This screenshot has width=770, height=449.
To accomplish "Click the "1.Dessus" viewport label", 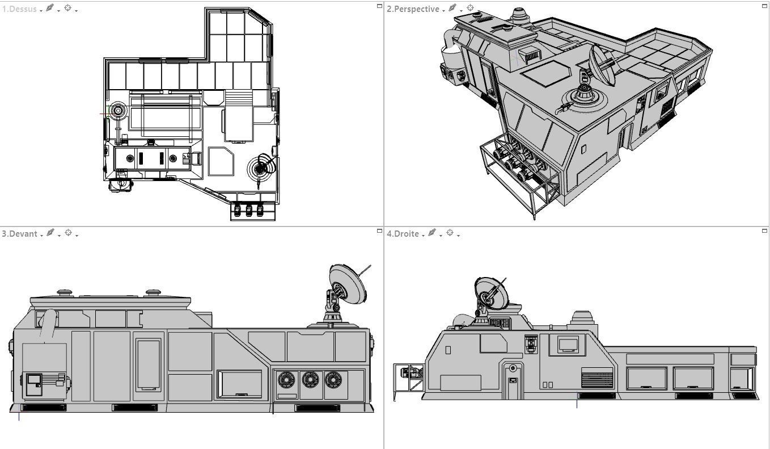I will (19, 9).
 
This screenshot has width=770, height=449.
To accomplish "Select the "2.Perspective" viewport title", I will (413, 9).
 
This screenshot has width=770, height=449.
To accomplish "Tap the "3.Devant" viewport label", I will (20, 234).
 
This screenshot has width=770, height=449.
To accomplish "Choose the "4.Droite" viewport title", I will (403, 234).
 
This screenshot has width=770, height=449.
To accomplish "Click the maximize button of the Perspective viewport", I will (764, 6).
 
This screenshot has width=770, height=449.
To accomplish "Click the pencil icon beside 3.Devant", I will (50, 233).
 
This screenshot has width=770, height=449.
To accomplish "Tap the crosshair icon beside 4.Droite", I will (450, 233).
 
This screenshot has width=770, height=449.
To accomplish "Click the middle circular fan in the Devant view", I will (310, 379).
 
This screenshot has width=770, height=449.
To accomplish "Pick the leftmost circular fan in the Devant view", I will (286, 379).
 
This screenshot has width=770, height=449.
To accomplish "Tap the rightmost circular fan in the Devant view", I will (333, 379).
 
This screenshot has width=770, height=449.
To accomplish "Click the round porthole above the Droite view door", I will (513, 368).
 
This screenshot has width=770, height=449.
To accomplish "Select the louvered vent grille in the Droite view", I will (597, 378).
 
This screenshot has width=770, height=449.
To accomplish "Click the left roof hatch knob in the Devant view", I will (65, 293).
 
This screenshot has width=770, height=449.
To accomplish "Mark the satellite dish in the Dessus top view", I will (261, 168).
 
